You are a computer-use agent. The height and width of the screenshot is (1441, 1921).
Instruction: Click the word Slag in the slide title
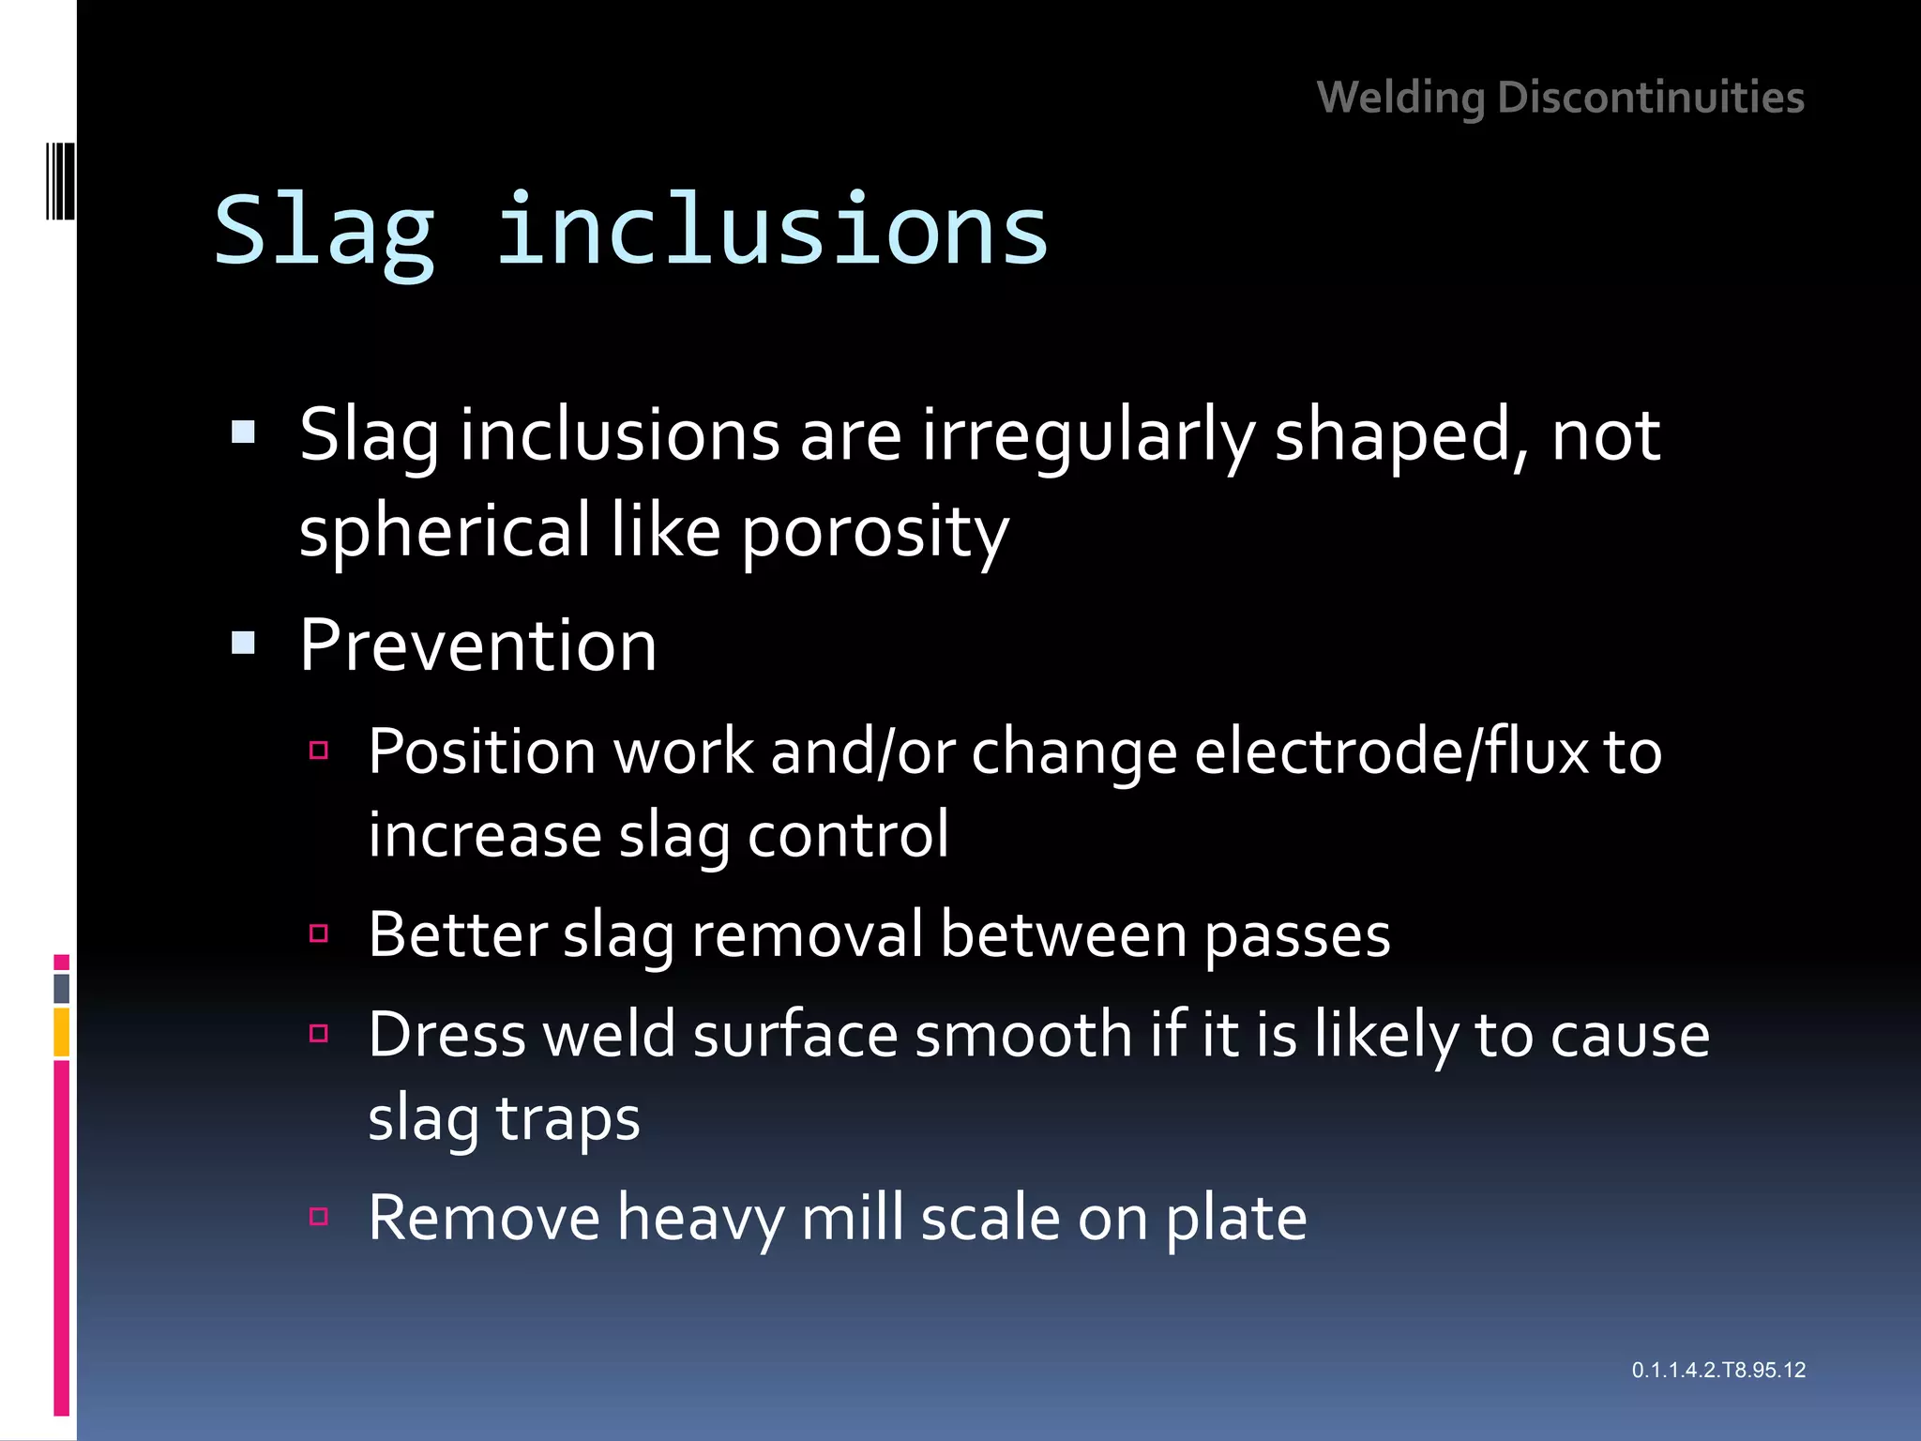[325, 231]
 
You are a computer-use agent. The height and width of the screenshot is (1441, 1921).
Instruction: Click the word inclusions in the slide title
[771, 231]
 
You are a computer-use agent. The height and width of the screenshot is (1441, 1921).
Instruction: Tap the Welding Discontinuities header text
[1560, 98]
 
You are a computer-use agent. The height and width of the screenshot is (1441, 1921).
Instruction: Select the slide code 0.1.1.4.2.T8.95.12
[1717, 1370]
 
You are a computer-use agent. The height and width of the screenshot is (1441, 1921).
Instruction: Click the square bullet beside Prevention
[244, 644]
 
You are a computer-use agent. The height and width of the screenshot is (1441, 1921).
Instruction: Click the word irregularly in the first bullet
[1088, 435]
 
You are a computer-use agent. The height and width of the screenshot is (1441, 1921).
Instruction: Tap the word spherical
[445, 532]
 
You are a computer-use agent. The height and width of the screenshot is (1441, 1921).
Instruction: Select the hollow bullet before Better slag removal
[319, 933]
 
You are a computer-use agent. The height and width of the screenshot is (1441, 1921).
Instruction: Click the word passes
[1296, 935]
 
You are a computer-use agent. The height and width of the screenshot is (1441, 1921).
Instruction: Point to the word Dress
[446, 1035]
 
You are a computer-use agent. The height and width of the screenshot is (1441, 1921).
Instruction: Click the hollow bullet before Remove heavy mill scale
[319, 1217]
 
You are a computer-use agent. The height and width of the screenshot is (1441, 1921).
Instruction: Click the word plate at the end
[1235, 1219]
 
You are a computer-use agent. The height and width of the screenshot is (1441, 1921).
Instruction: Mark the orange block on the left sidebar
[62, 1032]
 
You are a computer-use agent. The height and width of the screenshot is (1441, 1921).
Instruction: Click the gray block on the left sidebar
[62, 988]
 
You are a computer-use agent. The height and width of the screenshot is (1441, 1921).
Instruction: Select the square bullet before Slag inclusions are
[244, 432]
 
